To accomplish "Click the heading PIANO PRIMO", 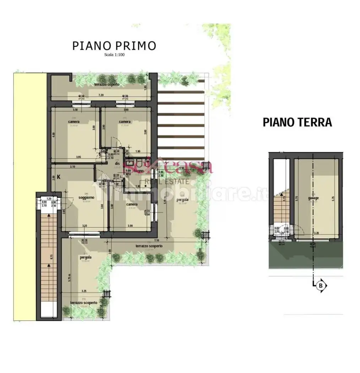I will pos(114,46).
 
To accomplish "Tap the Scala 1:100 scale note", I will pos(114,55).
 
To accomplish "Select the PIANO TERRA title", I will pos(297,122).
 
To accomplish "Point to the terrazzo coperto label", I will pos(107,85).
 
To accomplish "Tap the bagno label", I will pos(138,171).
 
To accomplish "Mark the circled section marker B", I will pos(321,285).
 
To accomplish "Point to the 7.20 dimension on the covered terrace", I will pos(101,95).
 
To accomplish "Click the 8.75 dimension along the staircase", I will pos(51,257).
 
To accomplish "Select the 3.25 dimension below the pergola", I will pos(83,291).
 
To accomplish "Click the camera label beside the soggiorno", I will pos(132,204).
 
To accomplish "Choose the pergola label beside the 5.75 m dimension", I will pos(86,257).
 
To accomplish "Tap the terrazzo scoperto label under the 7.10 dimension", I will pos(149,246).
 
